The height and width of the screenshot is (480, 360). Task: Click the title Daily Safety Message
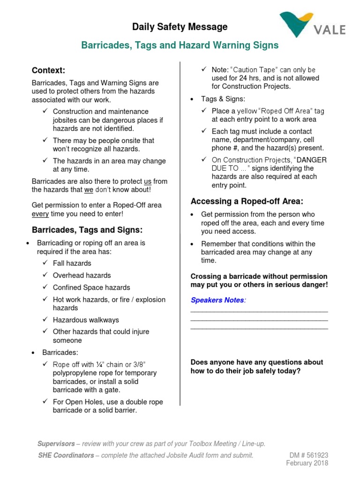[x=180, y=27]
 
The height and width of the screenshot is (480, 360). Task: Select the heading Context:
[x=48, y=70]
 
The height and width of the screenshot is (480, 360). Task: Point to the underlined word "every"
[x=40, y=214]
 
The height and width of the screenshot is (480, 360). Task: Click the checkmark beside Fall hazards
[x=45, y=263]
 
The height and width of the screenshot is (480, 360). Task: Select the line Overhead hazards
[x=82, y=275]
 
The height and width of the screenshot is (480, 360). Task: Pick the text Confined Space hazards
[x=91, y=287]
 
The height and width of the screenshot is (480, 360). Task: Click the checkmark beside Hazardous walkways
[x=45, y=320]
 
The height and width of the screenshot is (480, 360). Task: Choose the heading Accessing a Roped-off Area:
[x=247, y=202]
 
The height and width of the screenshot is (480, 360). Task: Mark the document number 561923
[x=317, y=455]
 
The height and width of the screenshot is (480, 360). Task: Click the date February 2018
[x=307, y=463]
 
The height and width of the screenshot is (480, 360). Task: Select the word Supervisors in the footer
[x=56, y=443]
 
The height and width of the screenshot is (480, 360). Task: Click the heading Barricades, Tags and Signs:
[x=87, y=230]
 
